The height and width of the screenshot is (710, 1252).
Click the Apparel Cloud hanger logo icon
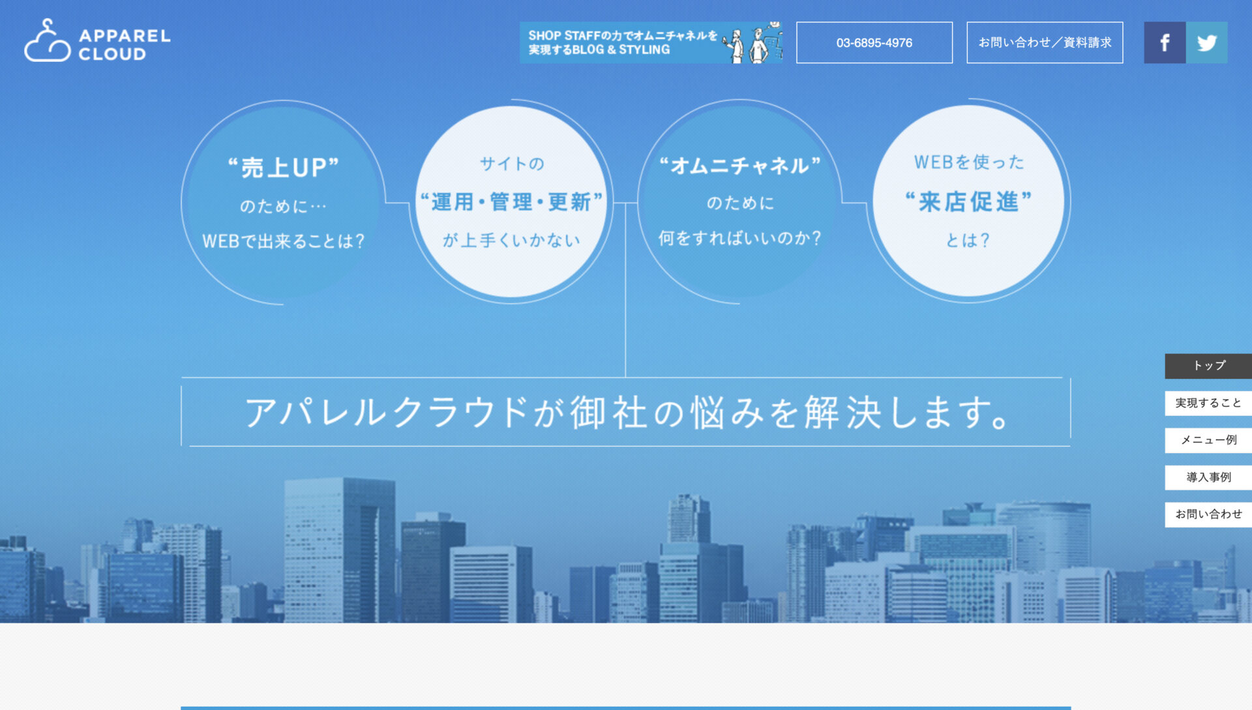point(47,42)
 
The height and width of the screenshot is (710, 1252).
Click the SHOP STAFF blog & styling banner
point(651,42)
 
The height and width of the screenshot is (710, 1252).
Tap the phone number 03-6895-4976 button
point(874,43)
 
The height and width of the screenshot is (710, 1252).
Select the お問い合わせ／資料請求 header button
point(1044,43)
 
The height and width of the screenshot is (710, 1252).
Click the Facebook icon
point(1165,43)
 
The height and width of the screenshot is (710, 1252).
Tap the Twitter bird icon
point(1206,43)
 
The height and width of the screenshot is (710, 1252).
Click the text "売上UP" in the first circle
point(283,168)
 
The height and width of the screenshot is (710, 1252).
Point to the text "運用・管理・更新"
point(511,202)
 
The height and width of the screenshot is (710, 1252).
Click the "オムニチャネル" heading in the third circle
point(739,166)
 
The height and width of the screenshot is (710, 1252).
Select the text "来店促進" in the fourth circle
point(968,202)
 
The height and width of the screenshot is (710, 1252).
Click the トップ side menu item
point(1208,366)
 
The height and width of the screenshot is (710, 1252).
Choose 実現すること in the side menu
point(1208,403)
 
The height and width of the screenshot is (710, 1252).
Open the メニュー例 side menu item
point(1208,440)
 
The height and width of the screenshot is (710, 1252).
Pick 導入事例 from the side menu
point(1208,477)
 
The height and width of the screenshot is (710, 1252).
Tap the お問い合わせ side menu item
point(1208,514)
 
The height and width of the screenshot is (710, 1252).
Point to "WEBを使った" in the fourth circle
point(968,162)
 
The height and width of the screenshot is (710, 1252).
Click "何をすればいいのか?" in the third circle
point(739,238)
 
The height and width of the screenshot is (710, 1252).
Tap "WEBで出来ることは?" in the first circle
point(283,241)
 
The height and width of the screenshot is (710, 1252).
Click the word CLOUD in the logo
point(112,54)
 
